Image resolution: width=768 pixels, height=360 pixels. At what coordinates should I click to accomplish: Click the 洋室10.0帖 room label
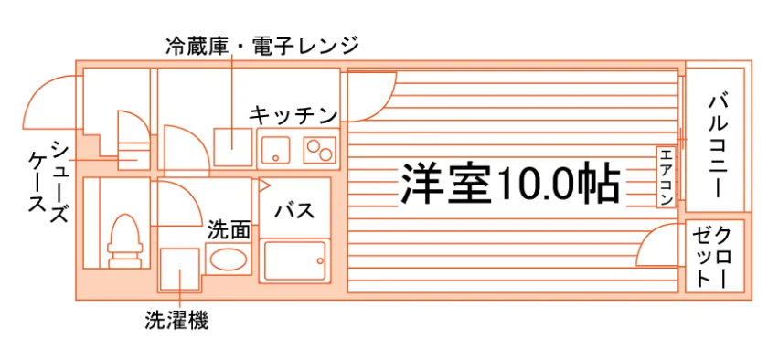[x=511, y=183]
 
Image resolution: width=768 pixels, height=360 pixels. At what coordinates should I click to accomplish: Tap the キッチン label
[x=293, y=116]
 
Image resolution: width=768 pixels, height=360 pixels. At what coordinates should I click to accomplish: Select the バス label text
[x=294, y=211]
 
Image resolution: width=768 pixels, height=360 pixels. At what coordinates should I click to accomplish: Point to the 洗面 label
[x=229, y=230]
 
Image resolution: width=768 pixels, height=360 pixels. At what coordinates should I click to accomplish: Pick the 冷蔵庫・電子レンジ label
[x=262, y=46]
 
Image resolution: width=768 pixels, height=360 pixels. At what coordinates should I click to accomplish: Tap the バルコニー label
[x=718, y=147]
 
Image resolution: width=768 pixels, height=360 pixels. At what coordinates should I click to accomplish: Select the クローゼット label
[x=711, y=257]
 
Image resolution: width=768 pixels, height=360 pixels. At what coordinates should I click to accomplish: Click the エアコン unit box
[x=667, y=176]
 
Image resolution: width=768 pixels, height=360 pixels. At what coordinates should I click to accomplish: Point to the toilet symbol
[x=125, y=240]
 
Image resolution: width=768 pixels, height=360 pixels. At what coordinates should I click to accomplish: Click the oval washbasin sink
[x=228, y=259]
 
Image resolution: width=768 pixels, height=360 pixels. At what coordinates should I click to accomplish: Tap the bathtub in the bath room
[x=294, y=260]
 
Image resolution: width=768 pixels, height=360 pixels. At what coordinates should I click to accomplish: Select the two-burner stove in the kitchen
[x=320, y=149]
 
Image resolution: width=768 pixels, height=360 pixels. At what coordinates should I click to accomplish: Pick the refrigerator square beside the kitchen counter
[x=233, y=147]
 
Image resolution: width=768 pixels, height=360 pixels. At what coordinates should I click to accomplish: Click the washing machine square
[x=180, y=270]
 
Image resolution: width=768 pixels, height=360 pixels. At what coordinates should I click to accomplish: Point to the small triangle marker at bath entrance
[x=263, y=185]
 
